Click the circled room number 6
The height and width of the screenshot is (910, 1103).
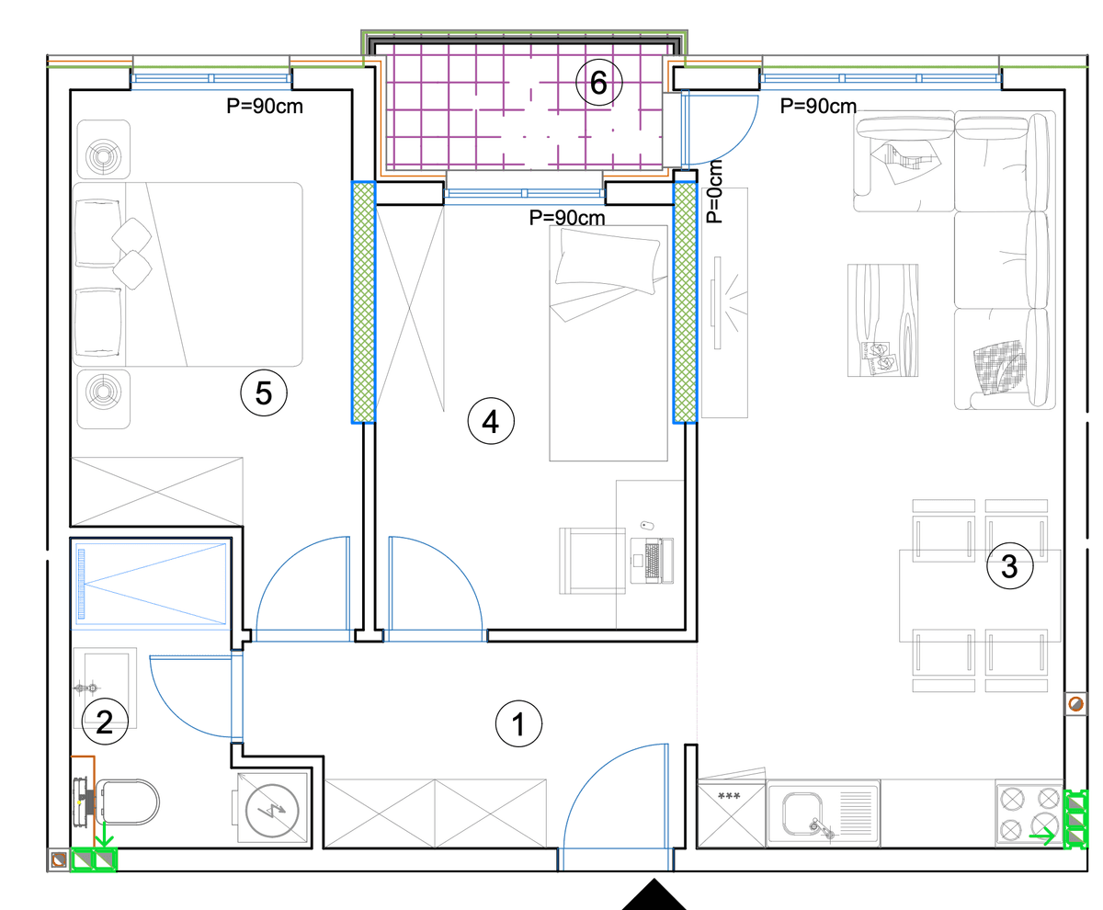coord(598,83)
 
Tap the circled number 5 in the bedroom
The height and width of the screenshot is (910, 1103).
coord(264,392)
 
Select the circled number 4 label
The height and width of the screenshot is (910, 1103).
coord(491,421)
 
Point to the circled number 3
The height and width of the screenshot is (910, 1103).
coord(1009,565)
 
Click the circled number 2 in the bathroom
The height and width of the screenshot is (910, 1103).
coord(105,722)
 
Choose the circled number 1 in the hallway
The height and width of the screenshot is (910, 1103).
coord(518,723)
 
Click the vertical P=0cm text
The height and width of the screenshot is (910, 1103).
coord(714,191)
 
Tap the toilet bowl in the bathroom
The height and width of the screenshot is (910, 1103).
coord(127,802)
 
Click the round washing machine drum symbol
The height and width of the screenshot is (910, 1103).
coord(272,810)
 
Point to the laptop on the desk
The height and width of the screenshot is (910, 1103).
coord(653,561)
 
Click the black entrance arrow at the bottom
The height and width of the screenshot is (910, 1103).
coord(654,895)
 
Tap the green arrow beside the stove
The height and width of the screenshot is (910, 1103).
coord(1042,836)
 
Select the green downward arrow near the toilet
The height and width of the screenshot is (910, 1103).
coord(104,834)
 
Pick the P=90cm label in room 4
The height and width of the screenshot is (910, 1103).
coord(567,218)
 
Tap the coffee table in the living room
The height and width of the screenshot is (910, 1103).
coord(882,320)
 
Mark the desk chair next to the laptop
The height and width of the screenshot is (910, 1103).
coord(592,561)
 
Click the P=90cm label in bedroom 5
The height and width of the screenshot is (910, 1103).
coord(265,107)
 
